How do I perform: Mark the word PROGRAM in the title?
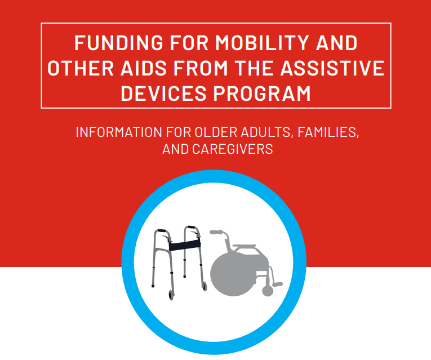(263, 93)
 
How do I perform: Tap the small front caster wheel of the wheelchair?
(268, 291)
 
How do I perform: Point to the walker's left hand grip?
(161, 232)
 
